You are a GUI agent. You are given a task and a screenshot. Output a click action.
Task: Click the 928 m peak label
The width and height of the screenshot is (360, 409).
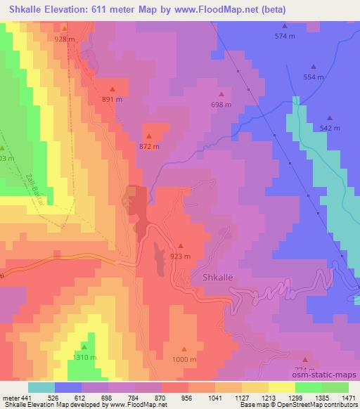[64, 39]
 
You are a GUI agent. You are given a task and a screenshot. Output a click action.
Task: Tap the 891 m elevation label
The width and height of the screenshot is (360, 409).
[112, 100]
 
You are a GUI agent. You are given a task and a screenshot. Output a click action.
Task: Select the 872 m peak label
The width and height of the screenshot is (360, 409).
[149, 147]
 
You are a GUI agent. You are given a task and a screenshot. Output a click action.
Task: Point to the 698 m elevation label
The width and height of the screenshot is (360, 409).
[221, 105]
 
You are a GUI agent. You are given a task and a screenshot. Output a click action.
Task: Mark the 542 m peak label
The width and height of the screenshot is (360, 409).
[330, 129]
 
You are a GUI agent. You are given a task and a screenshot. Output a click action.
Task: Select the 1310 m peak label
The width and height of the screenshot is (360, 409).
[84, 357]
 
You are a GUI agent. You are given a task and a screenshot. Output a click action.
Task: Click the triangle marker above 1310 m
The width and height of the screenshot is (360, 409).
[84, 346]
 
